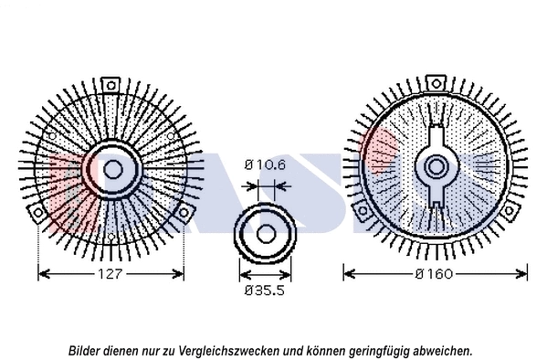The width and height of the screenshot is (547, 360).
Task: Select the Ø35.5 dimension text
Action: pos(265,291)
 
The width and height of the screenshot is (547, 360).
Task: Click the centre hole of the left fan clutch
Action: pos(112,168)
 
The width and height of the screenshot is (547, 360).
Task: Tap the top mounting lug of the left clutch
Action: pos(111,85)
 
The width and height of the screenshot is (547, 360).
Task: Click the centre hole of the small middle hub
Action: pos(265,233)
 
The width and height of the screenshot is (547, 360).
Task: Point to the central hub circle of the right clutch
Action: pos(436,168)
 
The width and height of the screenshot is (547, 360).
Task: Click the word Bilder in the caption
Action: pos(84,350)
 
